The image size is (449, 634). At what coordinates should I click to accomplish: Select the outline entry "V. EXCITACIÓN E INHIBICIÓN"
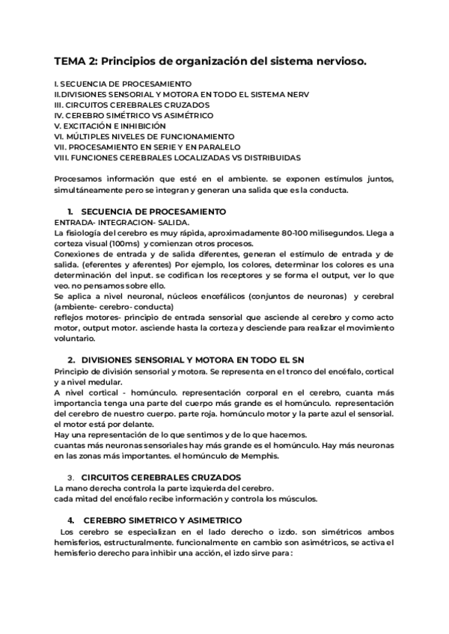point(110,126)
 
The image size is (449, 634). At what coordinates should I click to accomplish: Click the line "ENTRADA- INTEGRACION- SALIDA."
point(122,223)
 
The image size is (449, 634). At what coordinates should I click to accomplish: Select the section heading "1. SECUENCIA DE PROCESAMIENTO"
point(141,212)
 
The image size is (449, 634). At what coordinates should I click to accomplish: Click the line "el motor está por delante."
point(102,424)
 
